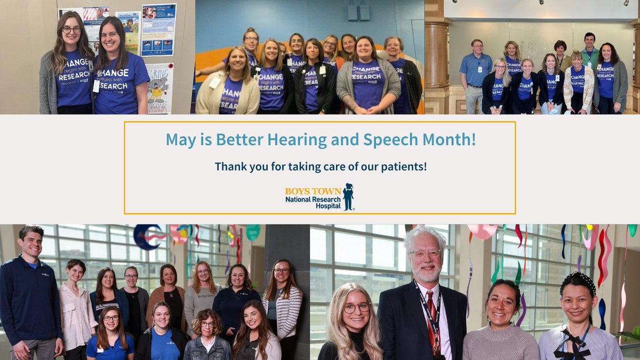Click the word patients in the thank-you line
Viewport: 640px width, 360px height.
(x=402, y=166)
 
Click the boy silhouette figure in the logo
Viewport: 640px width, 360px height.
(x=348, y=197)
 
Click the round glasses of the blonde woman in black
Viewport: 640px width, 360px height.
(x=356, y=308)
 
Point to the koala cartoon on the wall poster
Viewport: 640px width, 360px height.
(x=159, y=88)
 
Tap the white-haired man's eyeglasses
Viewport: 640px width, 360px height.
(x=425, y=254)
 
